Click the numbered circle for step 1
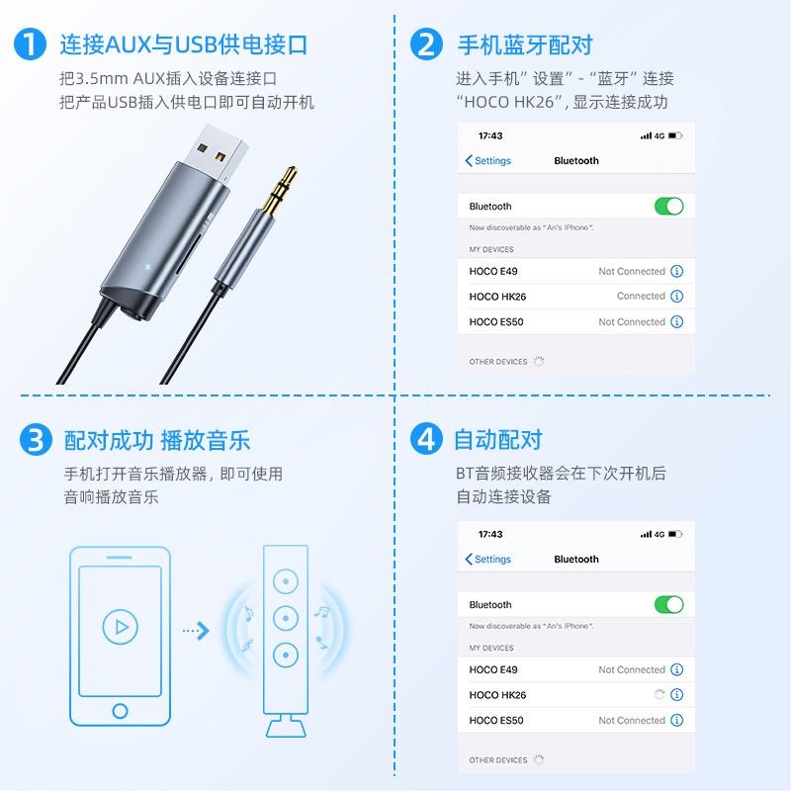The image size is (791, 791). point(31,44)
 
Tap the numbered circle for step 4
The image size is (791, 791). point(426,438)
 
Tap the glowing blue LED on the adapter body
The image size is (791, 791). point(147,266)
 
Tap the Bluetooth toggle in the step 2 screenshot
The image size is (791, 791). point(669,207)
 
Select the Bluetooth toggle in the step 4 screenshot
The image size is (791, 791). point(669,604)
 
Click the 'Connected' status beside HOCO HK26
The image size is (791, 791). point(641,296)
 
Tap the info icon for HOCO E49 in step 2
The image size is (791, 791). point(677,271)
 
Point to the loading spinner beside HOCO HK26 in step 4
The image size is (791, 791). point(659,695)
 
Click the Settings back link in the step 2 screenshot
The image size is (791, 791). point(487,161)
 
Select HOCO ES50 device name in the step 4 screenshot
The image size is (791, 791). point(496,721)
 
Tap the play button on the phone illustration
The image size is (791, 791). point(120,627)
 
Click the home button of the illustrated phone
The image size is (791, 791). point(120,711)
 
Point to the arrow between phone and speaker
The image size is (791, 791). point(196,630)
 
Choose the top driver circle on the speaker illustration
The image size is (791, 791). point(286,581)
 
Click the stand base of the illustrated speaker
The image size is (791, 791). point(286,728)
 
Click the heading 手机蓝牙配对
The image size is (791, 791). point(525,44)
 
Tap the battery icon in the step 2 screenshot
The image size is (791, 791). point(675,135)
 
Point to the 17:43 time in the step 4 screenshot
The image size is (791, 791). point(490,534)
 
